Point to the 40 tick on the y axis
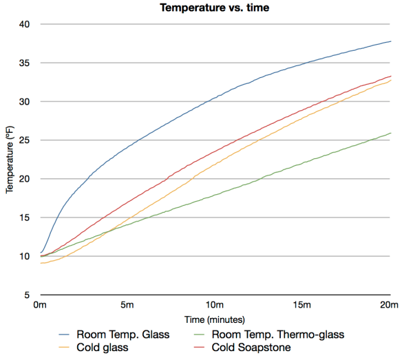[25, 24]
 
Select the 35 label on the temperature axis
[25, 63]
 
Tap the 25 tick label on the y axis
[25, 140]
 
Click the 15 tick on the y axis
[25, 218]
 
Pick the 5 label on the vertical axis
[28, 295]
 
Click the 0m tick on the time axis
[41, 305]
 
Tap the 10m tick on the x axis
[215, 305]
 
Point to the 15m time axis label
[303, 305]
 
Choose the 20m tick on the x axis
[390, 305]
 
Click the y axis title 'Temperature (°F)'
[10, 160]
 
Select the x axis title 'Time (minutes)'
[215, 320]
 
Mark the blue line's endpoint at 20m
[390, 41]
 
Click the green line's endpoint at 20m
[390, 133]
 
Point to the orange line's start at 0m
[41, 263]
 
